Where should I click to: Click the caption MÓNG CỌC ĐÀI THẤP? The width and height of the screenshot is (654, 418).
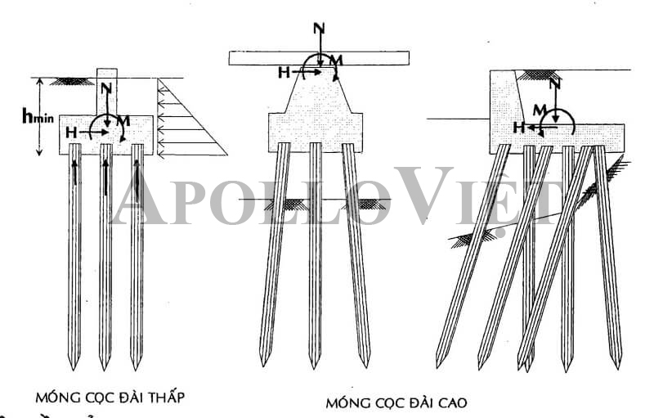point(110,398)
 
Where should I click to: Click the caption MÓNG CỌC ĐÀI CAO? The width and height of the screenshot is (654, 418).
point(396,402)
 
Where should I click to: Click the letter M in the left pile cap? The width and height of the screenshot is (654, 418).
point(123,121)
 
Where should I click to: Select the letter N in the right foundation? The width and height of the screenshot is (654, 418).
point(556,83)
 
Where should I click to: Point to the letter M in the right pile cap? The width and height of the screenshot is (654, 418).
point(539,109)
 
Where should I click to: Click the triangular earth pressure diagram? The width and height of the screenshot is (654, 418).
point(184,123)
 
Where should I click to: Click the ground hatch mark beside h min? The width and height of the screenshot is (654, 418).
point(72,81)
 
